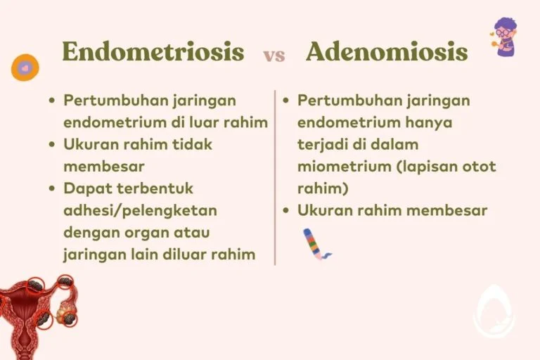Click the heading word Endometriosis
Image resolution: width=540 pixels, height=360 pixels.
pyautogui.click(x=153, y=51)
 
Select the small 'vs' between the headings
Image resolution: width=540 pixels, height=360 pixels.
pyautogui.click(x=274, y=56)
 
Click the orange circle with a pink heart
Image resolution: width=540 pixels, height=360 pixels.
pyautogui.click(x=25, y=67)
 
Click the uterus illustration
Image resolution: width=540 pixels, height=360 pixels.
pyautogui.click(x=39, y=309)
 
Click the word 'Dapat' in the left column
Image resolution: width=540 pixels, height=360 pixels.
pyautogui.click(x=84, y=188)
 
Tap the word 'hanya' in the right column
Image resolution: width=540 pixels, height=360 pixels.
pyautogui.click(x=428, y=122)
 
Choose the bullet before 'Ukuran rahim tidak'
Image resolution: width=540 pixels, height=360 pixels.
pyautogui.click(x=52, y=145)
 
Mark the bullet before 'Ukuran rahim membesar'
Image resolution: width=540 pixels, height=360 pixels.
pyautogui.click(x=286, y=210)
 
